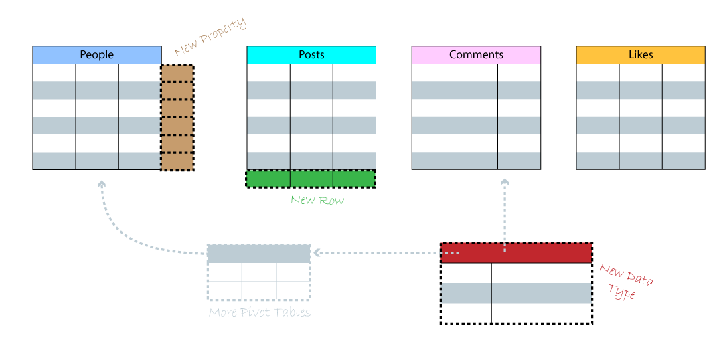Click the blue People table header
(97, 55)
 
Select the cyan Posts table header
(311, 55)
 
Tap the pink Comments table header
(476, 55)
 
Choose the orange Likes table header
(641, 55)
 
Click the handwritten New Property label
(210, 37)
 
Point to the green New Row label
(317, 199)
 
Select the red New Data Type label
(625, 282)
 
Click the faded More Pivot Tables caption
(260, 312)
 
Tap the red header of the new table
(516, 253)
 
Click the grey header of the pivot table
(258, 254)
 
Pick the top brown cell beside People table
(177, 73)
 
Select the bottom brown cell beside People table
(177, 161)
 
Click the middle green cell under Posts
(311, 179)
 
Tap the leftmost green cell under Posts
(268, 179)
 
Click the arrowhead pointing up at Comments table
(505, 181)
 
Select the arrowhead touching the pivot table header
(317, 253)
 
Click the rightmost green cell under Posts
(354, 179)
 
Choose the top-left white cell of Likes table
(598, 72)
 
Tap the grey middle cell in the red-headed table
(516, 293)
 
